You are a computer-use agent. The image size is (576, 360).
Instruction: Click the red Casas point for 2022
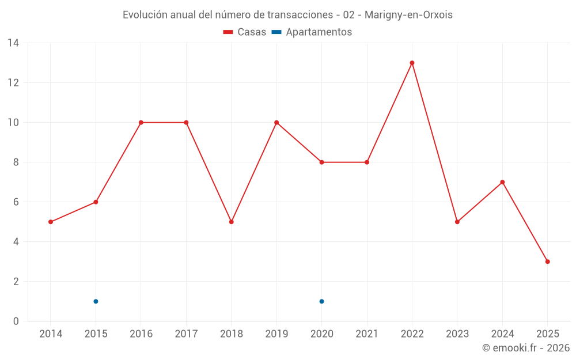(x=412, y=63)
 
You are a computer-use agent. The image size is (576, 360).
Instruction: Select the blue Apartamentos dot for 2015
(x=96, y=301)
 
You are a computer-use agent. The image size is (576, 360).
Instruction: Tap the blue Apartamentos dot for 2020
(x=321, y=301)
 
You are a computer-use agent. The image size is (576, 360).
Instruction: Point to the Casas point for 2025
(x=547, y=262)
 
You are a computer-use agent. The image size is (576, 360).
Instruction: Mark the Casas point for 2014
(x=51, y=222)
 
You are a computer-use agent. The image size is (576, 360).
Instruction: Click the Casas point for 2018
(x=231, y=222)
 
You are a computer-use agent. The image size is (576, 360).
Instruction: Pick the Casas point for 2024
(x=502, y=182)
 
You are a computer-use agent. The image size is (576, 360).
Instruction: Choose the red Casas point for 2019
(x=276, y=122)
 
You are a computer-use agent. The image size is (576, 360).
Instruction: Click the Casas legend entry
(x=245, y=32)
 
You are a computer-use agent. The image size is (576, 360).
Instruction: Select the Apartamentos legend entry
(x=312, y=32)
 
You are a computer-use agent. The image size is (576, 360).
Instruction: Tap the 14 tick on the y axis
(x=13, y=43)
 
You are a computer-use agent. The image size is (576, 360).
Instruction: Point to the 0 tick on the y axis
(x=16, y=321)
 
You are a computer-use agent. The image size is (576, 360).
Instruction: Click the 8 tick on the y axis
(x=16, y=162)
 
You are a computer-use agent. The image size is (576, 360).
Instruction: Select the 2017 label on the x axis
(x=186, y=334)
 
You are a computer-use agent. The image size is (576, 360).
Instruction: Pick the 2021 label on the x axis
(x=367, y=334)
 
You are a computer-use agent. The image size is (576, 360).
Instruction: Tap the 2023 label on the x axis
(x=457, y=334)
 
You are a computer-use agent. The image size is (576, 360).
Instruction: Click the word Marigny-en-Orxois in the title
(x=408, y=15)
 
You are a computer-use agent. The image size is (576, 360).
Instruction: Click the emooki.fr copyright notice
(x=526, y=348)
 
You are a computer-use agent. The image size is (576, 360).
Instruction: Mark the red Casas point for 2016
(x=141, y=122)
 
